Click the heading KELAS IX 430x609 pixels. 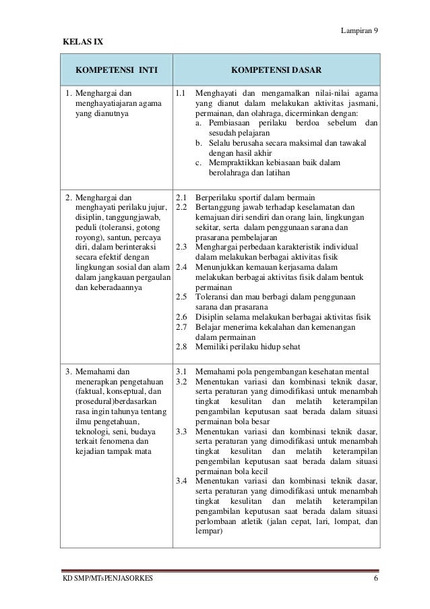coord(80,42)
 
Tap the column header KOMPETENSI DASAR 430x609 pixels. coord(276,69)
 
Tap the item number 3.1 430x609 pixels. coord(181,371)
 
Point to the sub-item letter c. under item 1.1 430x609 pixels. coord(199,163)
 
